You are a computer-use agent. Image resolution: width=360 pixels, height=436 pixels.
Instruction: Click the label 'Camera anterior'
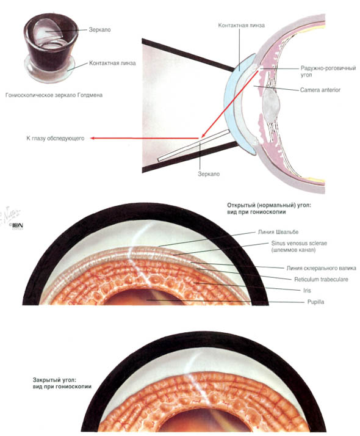point(320,90)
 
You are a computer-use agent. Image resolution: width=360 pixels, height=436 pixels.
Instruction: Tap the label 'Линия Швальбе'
point(278,232)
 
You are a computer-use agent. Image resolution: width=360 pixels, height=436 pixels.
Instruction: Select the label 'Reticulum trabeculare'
point(321,279)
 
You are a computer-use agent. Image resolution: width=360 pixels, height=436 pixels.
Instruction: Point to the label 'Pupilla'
point(315,302)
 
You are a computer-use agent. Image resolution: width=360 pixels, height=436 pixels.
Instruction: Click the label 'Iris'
point(307,290)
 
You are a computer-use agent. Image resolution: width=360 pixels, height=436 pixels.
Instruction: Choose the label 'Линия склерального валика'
point(321,268)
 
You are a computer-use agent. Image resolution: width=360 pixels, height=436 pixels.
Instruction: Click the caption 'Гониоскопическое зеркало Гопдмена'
point(54,95)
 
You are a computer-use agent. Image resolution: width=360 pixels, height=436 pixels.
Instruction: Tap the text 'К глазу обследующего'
point(56,138)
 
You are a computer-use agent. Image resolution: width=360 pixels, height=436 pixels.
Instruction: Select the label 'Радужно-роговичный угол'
point(328,71)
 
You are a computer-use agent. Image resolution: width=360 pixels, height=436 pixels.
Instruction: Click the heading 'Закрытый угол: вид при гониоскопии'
point(62,383)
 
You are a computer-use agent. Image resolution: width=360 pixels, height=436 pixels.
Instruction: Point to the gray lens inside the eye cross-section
point(271,103)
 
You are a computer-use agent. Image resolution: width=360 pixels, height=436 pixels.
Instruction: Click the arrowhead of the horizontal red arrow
point(93,138)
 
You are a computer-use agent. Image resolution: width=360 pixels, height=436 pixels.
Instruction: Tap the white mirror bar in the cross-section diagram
point(194,145)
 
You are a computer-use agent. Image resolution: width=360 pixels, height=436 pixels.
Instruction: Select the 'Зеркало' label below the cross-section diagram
point(209,174)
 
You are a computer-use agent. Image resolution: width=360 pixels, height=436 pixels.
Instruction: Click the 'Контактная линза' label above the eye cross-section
point(241,25)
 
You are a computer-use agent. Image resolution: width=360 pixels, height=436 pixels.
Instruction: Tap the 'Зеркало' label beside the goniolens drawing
point(99,30)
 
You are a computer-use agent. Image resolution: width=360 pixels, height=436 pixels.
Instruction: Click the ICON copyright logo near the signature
point(17,225)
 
